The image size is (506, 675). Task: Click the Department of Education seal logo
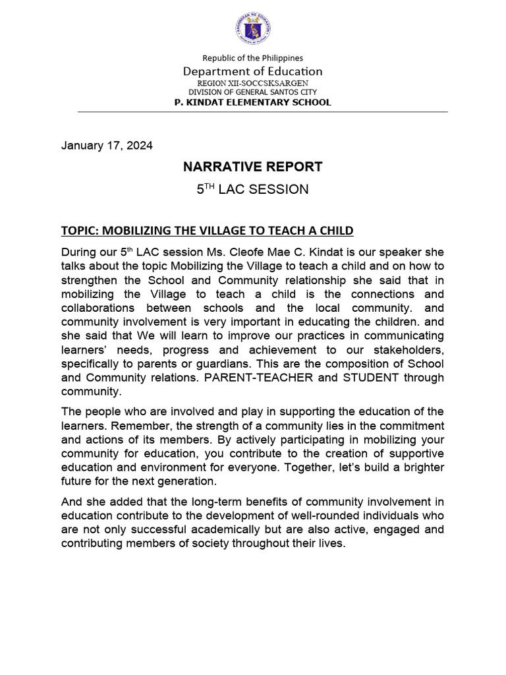pos(253,29)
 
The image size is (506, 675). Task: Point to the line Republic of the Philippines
pos(253,59)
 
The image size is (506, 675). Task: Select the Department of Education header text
pos(253,71)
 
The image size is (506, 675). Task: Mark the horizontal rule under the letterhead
pos(262,112)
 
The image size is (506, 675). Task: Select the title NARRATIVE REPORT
pos(253,167)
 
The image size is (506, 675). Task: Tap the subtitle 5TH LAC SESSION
pos(253,189)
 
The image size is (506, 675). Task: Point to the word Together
pos(314,467)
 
